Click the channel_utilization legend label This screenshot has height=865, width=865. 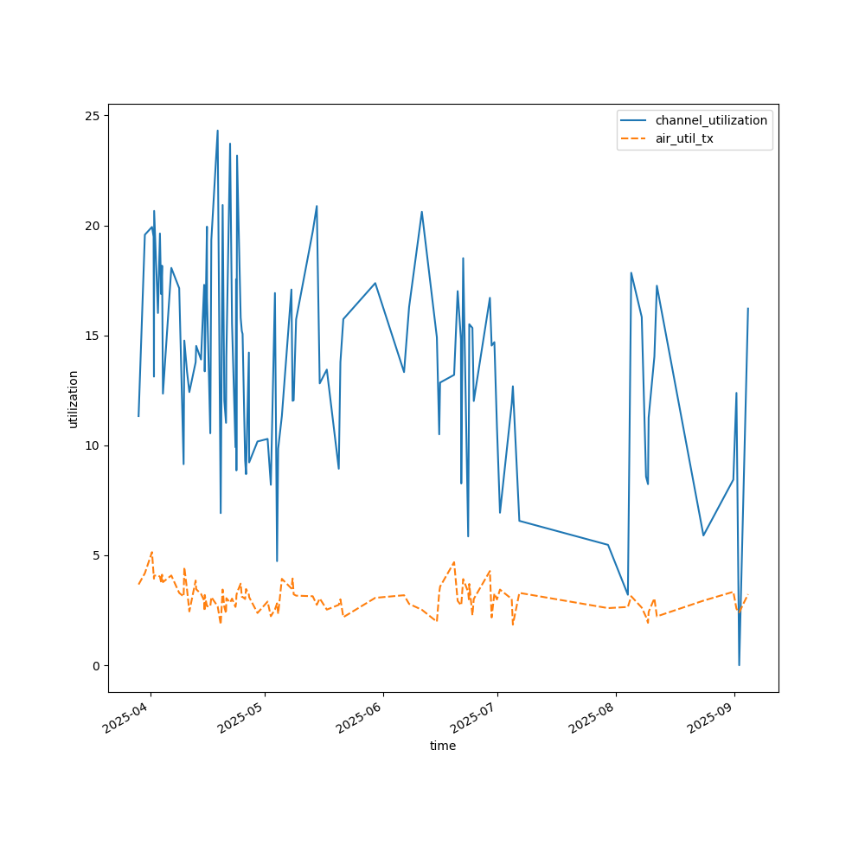711,120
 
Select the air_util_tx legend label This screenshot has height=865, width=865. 684,138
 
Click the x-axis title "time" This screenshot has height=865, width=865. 443,746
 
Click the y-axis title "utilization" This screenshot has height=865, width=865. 74,399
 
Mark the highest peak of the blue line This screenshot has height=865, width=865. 217,131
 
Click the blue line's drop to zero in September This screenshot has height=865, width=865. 739,664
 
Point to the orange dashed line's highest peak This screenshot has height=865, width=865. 151,552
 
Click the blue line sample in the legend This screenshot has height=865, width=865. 636,120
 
